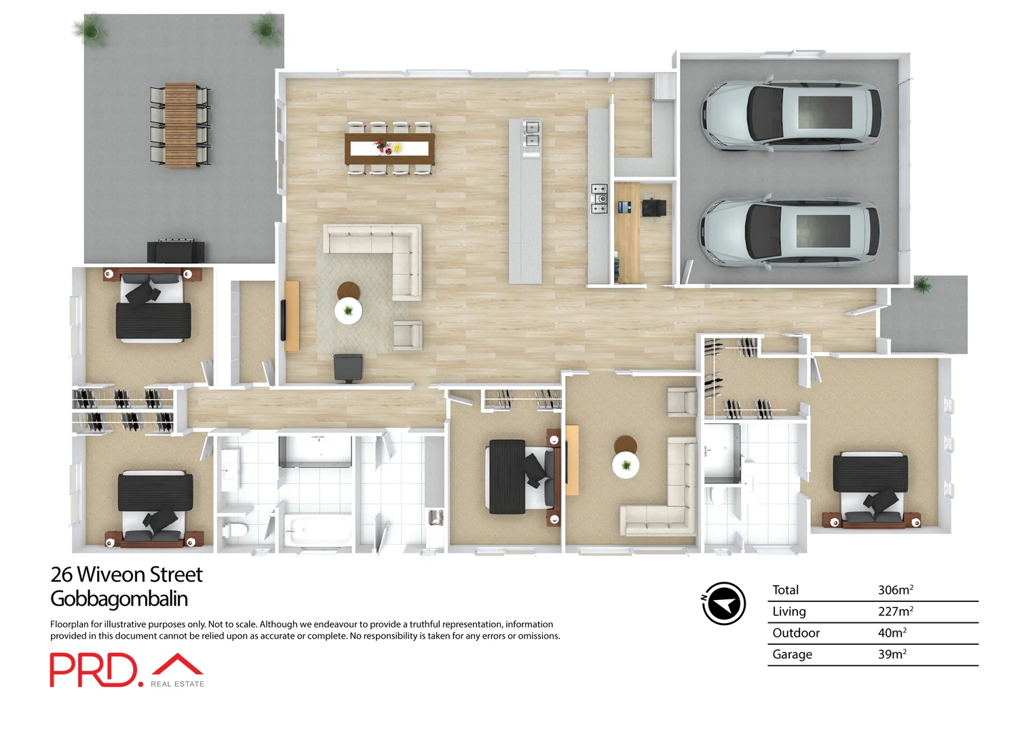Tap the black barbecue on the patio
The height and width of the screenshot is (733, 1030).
[176, 250]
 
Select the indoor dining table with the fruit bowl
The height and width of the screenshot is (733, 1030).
[389, 149]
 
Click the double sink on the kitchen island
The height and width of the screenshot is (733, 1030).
[531, 134]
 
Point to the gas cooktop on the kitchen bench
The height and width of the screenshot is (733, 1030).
[598, 199]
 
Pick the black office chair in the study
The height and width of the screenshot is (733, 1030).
[653, 207]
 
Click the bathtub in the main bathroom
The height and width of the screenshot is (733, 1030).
[317, 530]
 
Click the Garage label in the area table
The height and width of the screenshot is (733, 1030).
[792, 654]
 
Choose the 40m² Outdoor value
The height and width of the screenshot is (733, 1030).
[892, 633]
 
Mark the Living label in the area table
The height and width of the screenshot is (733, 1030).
[788, 612]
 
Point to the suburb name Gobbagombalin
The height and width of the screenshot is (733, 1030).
[119, 599]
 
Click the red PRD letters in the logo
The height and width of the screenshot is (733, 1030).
[93, 671]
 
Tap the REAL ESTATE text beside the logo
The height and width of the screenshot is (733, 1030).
[177, 684]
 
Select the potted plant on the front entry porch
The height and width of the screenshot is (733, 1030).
[922, 284]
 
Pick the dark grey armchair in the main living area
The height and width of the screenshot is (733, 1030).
[347, 367]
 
